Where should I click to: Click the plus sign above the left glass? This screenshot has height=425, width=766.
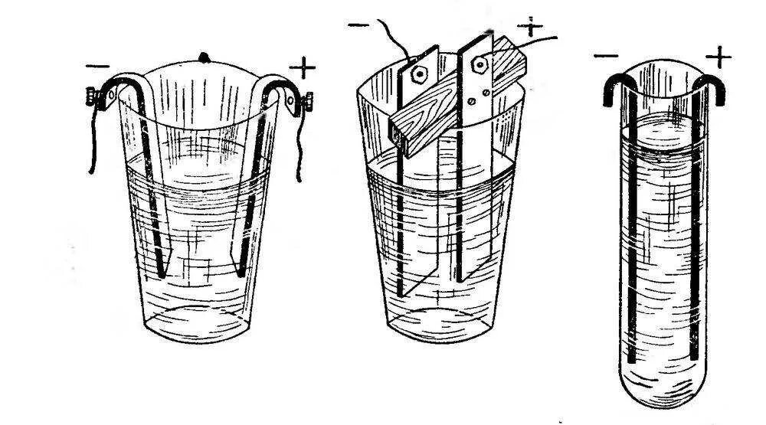[x=303, y=68]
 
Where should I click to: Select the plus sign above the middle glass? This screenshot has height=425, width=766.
[x=530, y=27]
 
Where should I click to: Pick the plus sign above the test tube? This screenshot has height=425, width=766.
[x=718, y=56]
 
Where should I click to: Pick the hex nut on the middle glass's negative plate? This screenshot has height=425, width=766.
[x=420, y=74]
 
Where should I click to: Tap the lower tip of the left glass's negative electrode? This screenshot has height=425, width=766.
[x=162, y=271]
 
